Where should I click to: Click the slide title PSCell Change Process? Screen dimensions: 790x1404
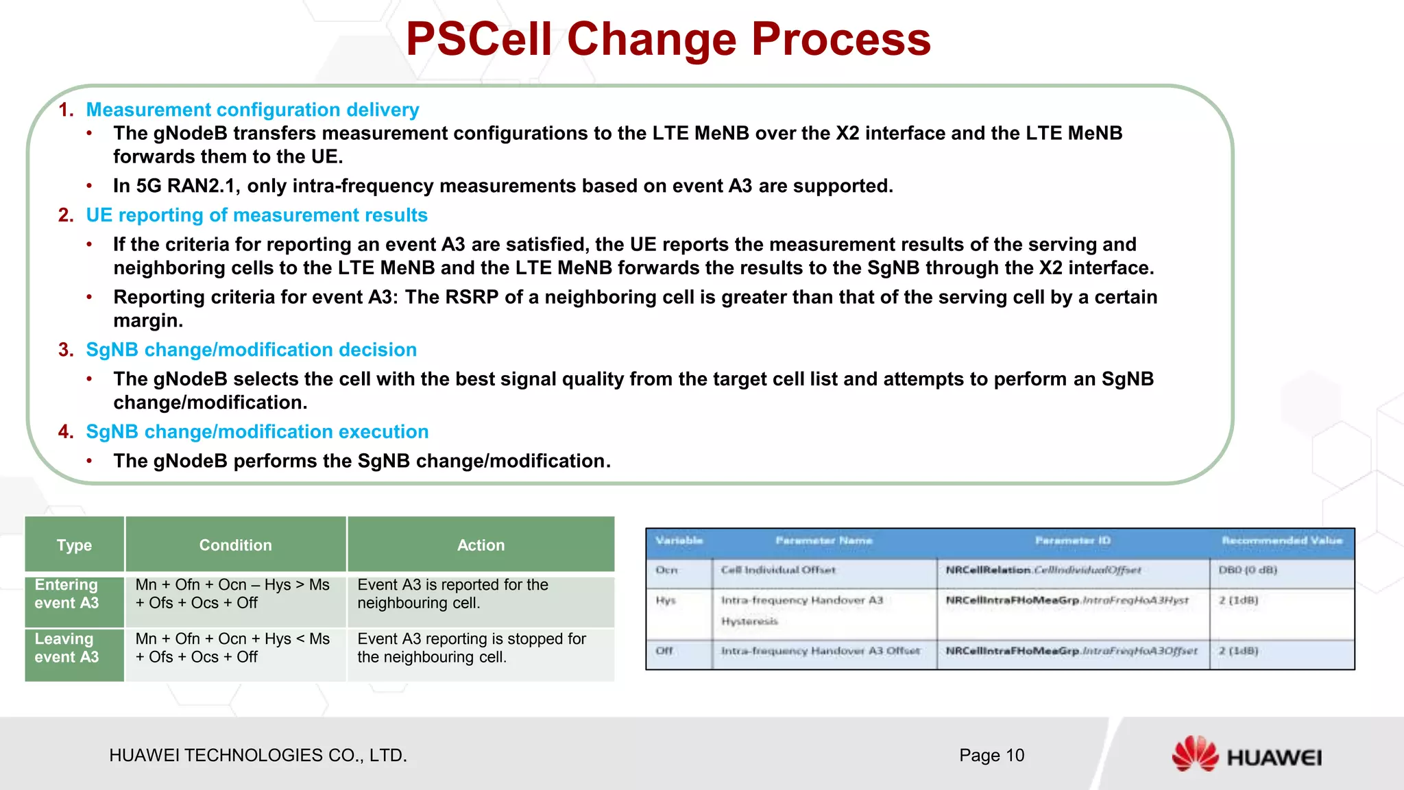[x=668, y=40]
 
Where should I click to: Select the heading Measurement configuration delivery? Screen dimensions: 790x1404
[x=252, y=110]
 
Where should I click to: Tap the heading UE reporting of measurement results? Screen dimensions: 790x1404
[x=256, y=215]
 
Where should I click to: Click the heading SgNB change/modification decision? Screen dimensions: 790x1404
[x=251, y=350]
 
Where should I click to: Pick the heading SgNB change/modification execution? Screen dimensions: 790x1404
[x=257, y=432]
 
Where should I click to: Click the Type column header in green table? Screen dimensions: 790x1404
[x=74, y=545]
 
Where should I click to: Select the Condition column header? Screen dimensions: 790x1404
[x=235, y=545]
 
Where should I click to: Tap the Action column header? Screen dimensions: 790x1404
[x=481, y=545]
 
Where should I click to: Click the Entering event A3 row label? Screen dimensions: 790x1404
[x=67, y=594]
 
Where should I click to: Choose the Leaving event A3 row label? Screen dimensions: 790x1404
[x=67, y=648]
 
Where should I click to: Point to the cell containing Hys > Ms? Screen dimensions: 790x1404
[x=233, y=594]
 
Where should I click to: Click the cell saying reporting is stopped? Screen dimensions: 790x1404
[x=472, y=648]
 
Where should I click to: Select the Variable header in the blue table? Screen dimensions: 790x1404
[x=679, y=541]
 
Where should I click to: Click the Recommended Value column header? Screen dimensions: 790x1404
[x=1281, y=541]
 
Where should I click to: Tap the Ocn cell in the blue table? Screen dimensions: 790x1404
[x=666, y=571]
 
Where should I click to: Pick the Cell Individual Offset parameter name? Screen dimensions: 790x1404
[x=778, y=571]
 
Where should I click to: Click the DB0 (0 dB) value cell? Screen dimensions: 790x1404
[x=1248, y=571]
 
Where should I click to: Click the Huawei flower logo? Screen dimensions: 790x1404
[x=1194, y=754]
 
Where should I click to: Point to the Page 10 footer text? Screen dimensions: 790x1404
[x=991, y=756]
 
